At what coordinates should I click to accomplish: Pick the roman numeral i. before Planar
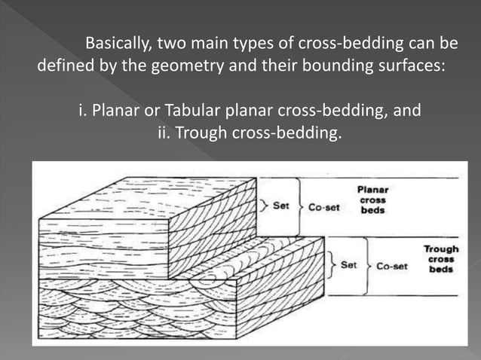coord(84,112)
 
